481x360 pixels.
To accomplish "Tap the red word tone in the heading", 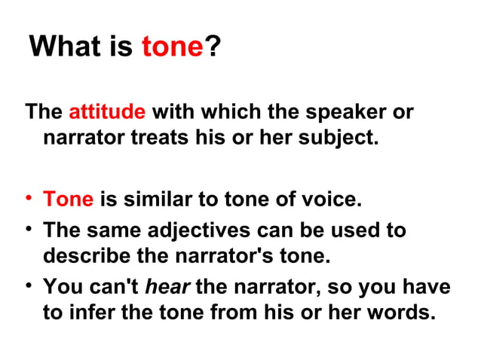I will [173, 47].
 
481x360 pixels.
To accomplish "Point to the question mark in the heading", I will [213, 47].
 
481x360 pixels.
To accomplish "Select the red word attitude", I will [107, 112].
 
